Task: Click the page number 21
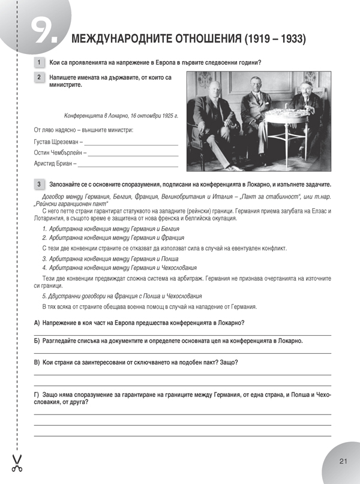tap(343, 461)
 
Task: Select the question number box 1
tap(39, 63)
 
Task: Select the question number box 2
tap(39, 77)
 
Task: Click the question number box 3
tap(39, 184)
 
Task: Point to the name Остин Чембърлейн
tap(58, 152)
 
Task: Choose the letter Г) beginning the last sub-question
tap(37, 394)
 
